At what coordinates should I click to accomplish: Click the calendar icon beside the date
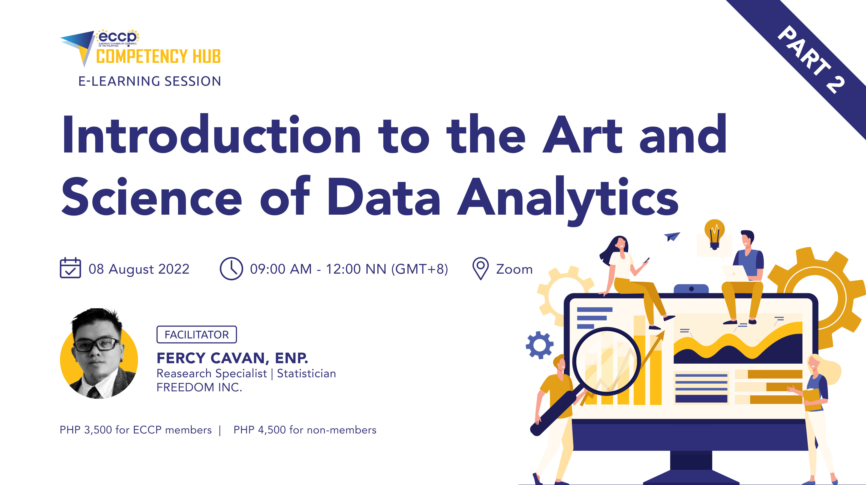70,268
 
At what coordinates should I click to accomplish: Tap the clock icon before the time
231,268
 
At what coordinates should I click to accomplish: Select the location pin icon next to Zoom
480,268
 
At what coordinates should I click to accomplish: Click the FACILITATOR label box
197,335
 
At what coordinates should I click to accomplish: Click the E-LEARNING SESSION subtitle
150,81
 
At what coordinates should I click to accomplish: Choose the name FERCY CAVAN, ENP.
232,358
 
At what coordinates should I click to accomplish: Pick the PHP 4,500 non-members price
305,430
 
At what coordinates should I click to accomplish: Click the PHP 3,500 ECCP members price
136,430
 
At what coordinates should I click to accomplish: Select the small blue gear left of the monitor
540,345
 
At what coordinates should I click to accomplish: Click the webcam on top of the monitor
691,289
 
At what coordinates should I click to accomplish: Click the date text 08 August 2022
139,269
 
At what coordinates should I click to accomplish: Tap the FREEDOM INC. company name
199,387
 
